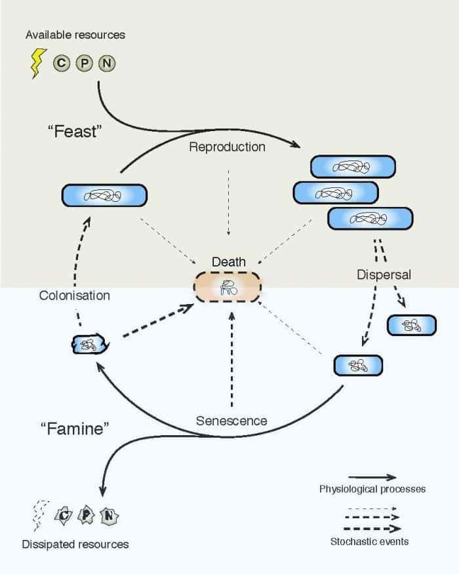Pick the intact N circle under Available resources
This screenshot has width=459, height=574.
[x=107, y=64]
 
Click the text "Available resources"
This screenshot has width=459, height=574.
[x=75, y=34]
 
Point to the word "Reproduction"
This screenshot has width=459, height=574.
[x=227, y=147]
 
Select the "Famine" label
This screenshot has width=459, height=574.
[x=74, y=429]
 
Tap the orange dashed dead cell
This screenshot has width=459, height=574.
[x=227, y=286]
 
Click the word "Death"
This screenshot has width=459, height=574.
[x=228, y=262]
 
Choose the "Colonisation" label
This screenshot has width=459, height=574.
[x=74, y=296]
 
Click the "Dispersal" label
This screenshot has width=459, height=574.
[x=384, y=275]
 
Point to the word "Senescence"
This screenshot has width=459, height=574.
[x=231, y=421]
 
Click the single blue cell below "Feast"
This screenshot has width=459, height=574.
[x=104, y=195]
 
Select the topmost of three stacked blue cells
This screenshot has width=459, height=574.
[x=353, y=166]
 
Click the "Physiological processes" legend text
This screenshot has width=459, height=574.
[x=372, y=489]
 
